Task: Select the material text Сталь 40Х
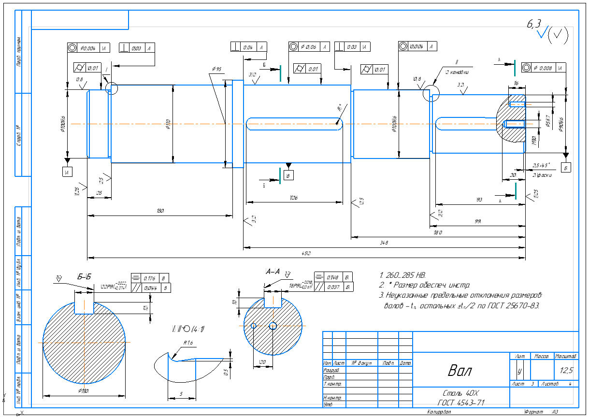tap(460, 393)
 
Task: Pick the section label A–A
tap(273, 272)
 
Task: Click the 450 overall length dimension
tap(305, 253)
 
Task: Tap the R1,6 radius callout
tap(188, 343)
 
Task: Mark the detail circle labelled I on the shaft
tap(112, 88)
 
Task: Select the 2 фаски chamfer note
tap(542, 175)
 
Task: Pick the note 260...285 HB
tap(402, 275)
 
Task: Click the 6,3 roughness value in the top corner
tap(534, 25)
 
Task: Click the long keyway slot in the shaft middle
tap(295, 124)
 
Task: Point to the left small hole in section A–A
tap(254, 326)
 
